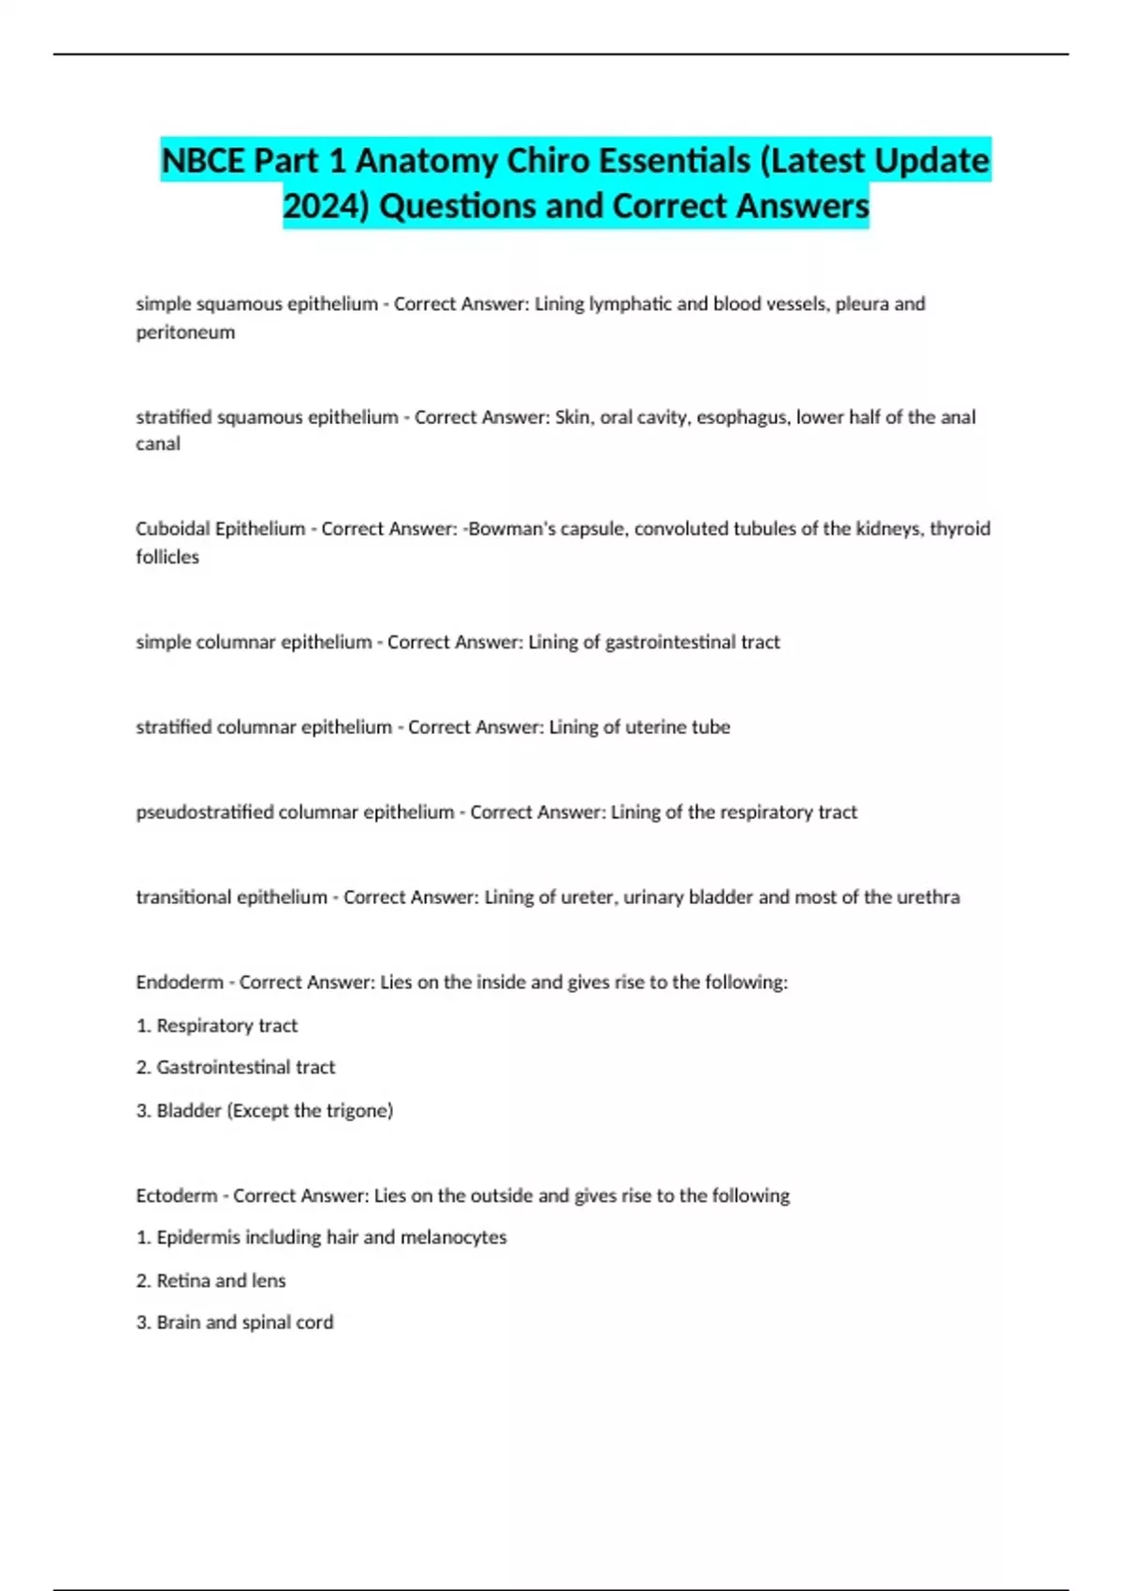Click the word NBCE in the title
[203, 161]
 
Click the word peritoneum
[185, 332]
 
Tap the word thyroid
[959, 529]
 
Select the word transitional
[183, 898]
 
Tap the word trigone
[357, 1111]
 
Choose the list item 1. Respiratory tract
[217, 1026]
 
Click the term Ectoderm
[176, 1196]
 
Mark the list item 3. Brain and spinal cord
[235, 1322]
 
